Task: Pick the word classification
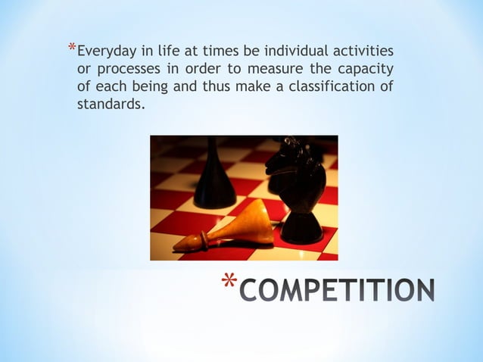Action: coord(330,86)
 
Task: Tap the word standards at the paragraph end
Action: coord(109,104)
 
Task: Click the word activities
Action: coord(366,52)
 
